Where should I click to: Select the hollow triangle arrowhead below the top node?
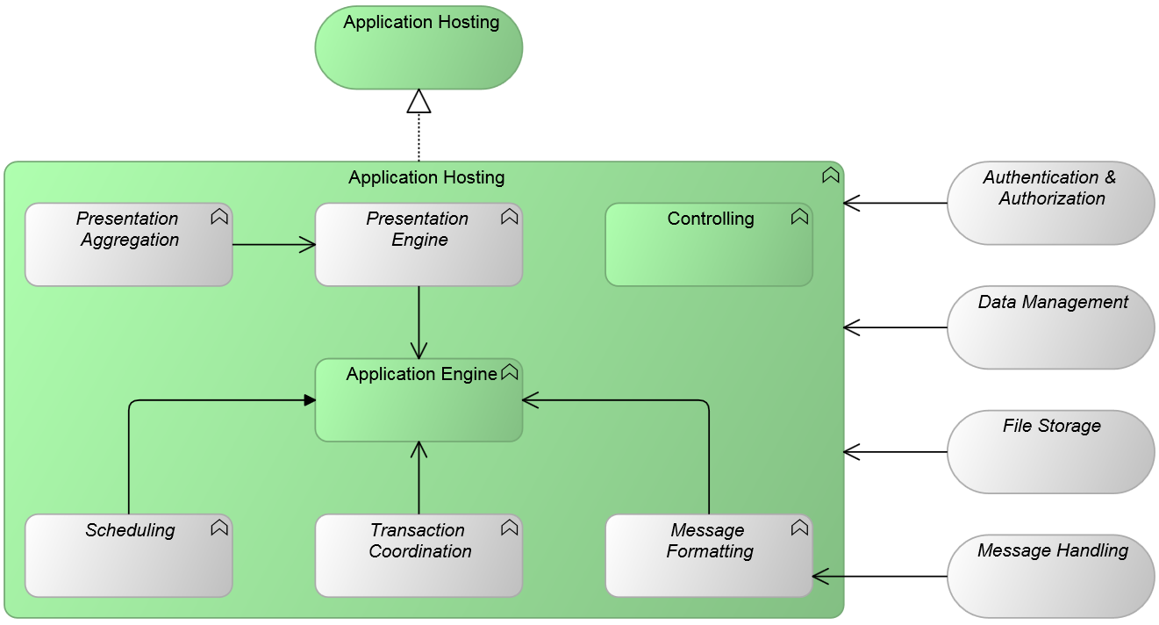point(419,102)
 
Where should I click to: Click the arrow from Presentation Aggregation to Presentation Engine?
point(274,245)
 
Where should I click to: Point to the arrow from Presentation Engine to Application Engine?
point(419,321)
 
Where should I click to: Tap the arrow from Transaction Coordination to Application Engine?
point(419,478)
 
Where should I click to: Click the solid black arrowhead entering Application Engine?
point(310,400)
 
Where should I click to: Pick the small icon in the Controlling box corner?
point(799,217)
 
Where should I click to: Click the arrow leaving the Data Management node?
point(895,327)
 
